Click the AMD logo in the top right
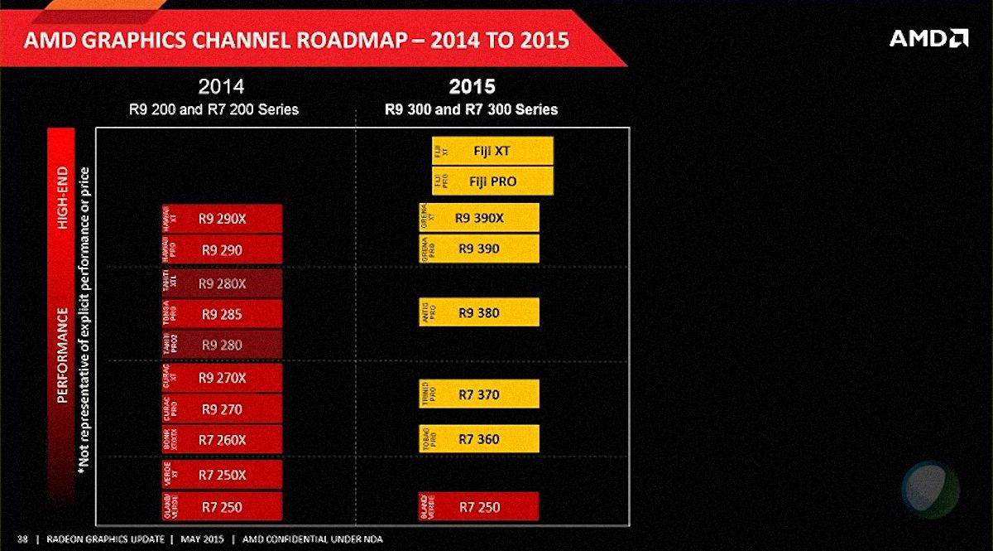[x=928, y=38]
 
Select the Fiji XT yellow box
[x=492, y=151]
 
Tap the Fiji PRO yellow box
[x=492, y=181]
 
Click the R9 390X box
[x=480, y=218]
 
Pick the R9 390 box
[x=480, y=249]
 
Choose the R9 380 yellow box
[x=480, y=312]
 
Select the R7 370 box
[x=480, y=394]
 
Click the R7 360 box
[x=480, y=439]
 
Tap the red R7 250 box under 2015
[x=480, y=506]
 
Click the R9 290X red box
[x=222, y=219]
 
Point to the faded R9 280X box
[x=222, y=283]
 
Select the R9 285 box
[x=222, y=314]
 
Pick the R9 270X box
[x=222, y=378]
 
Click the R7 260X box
[x=222, y=440]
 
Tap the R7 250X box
[x=222, y=475]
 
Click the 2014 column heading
[x=221, y=86]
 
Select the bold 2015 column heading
[x=472, y=86]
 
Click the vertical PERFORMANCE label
[x=63, y=355]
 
